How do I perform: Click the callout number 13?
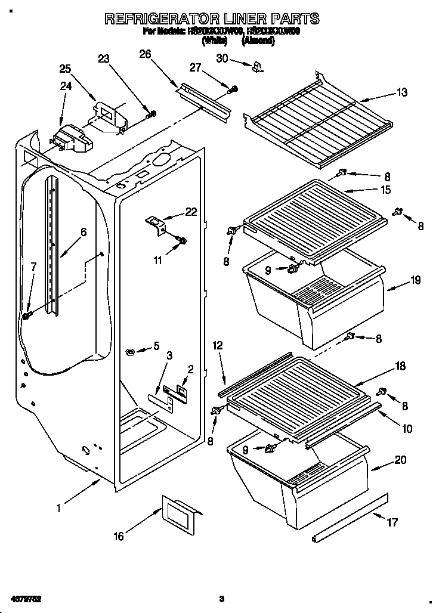403,92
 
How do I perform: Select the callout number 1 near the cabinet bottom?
58,508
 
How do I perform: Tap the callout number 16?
119,537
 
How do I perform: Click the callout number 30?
222,58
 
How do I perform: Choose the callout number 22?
190,212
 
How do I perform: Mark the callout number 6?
84,233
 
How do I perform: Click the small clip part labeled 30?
258,67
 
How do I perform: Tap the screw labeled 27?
233,89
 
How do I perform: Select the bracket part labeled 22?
156,225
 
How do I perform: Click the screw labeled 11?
183,241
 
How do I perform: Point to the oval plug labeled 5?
130,352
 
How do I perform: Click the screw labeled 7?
27,314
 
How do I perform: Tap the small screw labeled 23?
152,113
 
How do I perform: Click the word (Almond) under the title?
257,41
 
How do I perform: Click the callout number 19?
416,279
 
